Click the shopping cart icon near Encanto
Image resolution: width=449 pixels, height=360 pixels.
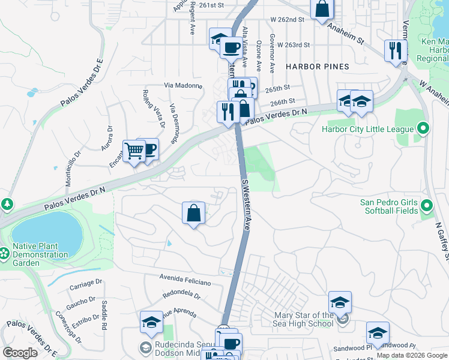pyautogui.click(x=134, y=151)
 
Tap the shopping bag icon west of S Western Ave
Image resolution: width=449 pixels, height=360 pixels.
pyautogui.click(x=193, y=213)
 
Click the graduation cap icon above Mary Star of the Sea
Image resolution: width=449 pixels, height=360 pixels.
pyautogui.click(x=340, y=302)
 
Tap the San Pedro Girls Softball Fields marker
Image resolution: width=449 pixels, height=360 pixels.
pyautogui.click(x=427, y=206)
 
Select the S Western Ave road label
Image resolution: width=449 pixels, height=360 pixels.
pyautogui.click(x=246, y=204)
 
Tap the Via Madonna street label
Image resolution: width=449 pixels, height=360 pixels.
pyautogui.click(x=182, y=85)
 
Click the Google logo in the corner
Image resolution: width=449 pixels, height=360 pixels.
pyautogui.click(x=20, y=353)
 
